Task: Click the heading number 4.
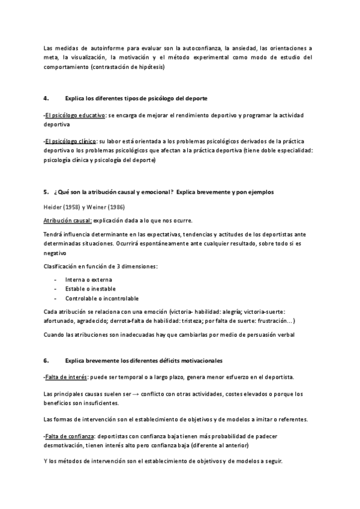(46, 97)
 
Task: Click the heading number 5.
(46, 191)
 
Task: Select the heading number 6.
(46, 360)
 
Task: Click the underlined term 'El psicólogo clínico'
(71, 140)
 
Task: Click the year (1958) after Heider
(74, 207)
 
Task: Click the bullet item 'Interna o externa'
(89, 280)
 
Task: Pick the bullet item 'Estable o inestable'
(91, 289)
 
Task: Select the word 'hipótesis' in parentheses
(150, 67)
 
